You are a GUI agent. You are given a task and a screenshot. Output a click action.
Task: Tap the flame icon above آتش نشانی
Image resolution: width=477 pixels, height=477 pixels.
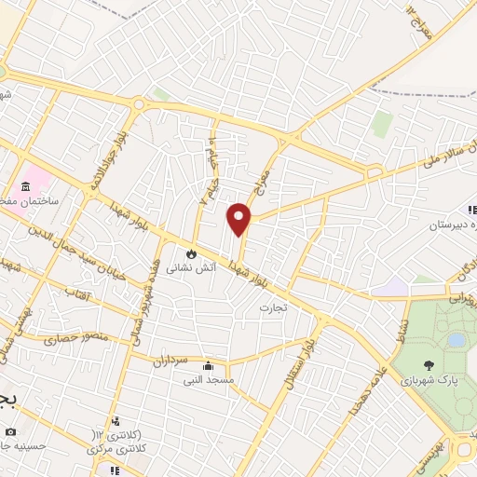(x=191, y=252)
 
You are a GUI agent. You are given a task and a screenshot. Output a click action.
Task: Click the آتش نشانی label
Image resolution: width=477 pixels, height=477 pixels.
(x=182, y=267)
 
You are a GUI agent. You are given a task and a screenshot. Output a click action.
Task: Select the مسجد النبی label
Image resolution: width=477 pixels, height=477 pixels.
(x=208, y=380)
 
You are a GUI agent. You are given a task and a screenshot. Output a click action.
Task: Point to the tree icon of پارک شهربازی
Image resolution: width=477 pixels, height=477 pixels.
(x=429, y=366)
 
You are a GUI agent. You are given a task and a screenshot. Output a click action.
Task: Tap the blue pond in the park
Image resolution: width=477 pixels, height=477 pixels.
(x=456, y=340)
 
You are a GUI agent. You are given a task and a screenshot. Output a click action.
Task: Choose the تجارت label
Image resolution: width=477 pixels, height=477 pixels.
(x=272, y=306)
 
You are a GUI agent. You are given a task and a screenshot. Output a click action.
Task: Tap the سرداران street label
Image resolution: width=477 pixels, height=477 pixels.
(x=172, y=357)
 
